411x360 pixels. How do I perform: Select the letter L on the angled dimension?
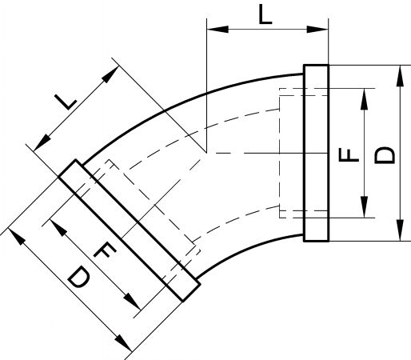tap(66, 102)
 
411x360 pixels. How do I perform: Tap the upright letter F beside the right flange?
tap(349, 155)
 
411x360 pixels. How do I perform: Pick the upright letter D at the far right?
tap(384, 155)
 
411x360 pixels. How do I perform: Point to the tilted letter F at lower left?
tap(105, 250)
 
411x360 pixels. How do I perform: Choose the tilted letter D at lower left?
tap(78, 278)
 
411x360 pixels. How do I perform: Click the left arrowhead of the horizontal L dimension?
tap(217, 30)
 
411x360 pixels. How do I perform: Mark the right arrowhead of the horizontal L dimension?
tap(317, 30)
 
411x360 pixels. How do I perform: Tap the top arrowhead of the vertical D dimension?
tap(400, 76)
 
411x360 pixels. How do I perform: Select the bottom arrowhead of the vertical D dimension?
tap(400, 230)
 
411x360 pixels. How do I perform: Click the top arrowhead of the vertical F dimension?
tap(364, 99)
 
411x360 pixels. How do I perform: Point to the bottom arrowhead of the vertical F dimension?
tap(364, 207)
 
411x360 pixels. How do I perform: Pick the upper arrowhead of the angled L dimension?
tap(110, 74)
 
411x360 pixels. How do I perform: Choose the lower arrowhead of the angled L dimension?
tap(42, 142)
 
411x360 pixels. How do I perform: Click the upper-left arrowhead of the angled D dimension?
tap(17, 236)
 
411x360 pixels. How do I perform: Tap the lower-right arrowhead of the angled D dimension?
tap(123, 342)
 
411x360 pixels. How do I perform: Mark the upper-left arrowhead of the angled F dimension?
tap(58, 228)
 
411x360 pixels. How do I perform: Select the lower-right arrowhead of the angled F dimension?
tap(132, 302)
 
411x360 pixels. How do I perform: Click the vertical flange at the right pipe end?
tap(316, 153)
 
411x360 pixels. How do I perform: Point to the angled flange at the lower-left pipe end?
tap(130, 230)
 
